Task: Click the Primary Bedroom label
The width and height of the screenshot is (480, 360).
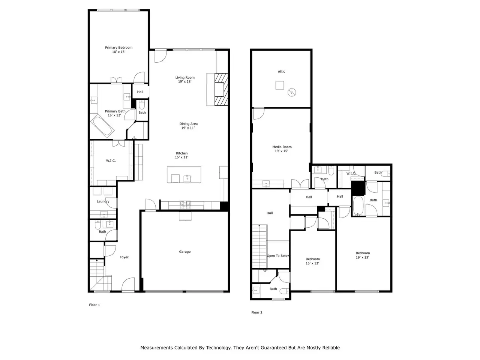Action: pyautogui.click(x=118, y=47)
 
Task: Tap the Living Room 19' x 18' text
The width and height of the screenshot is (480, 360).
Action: pyautogui.click(x=185, y=79)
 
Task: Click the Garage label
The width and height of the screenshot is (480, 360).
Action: pyautogui.click(x=185, y=252)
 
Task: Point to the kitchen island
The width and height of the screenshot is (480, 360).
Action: pyautogui.click(x=184, y=174)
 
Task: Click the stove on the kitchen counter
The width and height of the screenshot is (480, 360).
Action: pyautogui.click(x=185, y=205)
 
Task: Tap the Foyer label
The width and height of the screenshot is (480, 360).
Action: pyautogui.click(x=124, y=257)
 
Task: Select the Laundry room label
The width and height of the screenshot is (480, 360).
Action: pyautogui.click(x=103, y=201)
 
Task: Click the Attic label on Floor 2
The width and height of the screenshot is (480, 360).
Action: pyautogui.click(x=282, y=72)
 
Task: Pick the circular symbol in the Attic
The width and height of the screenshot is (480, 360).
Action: pyautogui.click(x=291, y=92)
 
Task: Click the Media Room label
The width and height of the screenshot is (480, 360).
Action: pyautogui.click(x=282, y=147)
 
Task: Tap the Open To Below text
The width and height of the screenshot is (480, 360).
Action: pyautogui.click(x=278, y=256)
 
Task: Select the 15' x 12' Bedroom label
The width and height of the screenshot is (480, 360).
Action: pyautogui.click(x=312, y=261)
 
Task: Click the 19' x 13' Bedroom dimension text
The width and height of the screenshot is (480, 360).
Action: pyautogui.click(x=362, y=258)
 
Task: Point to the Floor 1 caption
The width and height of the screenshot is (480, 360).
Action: pyautogui.click(x=94, y=305)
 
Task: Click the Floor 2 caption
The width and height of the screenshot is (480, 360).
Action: pyautogui.click(x=257, y=312)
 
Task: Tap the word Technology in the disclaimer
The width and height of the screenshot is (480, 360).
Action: pyautogui.click(x=218, y=348)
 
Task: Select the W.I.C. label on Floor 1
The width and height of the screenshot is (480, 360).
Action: pyautogui.click(x=111, y=160)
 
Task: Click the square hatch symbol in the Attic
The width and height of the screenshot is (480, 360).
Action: pyautogui.click(x=279, y=85)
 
